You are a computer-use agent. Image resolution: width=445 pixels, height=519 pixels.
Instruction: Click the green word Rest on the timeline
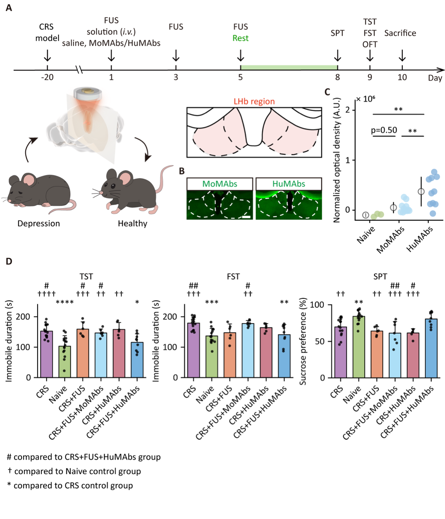pyautogui.click(x=240, y=38)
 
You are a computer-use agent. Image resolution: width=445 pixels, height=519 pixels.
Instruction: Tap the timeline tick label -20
pyautogui.click(x=47, y=77)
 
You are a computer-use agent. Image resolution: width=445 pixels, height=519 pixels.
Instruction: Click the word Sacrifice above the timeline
pyautogui.click(x=400, y=33)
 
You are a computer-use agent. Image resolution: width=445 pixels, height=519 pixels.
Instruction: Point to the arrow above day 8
pyautogui.click(x=337, y=56)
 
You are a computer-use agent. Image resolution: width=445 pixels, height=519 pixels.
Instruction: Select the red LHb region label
pyautogui.click(x=254, y=101)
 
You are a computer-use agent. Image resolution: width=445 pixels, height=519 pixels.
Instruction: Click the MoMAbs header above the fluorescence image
pyautogui.click(x=220, y=184)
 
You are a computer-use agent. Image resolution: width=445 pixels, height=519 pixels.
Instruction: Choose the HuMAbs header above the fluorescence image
pyautogui.click(x=289, y=184)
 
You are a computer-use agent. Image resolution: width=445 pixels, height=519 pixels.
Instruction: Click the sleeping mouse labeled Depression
pyautogui.click(x=39, y=192)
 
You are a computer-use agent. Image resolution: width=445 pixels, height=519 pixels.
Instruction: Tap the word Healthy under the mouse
pyautogui.click(x=132, y=224)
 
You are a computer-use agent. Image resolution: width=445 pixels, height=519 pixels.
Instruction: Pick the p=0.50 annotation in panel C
pyautogui.click(x=384, y=130)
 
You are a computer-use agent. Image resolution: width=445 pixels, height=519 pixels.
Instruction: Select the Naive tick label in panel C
pyautogui.click(x=366, y=234)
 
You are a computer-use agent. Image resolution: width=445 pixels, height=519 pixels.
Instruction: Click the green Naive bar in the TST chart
pyautogui.click(x=65, y=362)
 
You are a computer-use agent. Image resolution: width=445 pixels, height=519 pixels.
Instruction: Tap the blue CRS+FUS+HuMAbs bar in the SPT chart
pyautogui.click(x=431, y=348)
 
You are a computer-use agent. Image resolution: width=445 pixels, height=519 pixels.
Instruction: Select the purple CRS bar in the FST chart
pyautogui.click(x=194, y=350)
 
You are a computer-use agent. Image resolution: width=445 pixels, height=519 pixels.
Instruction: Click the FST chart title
pyautogui.click(x=233, y=277)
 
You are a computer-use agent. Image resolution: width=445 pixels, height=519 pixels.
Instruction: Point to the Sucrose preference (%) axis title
pyautogui.click(x=303, y=341)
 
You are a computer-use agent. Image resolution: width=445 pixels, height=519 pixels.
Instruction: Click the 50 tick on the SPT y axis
pyautogui.click(x=320, y=341)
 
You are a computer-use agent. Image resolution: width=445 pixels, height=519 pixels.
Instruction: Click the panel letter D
pyautogui.click(x=9, y=262)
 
